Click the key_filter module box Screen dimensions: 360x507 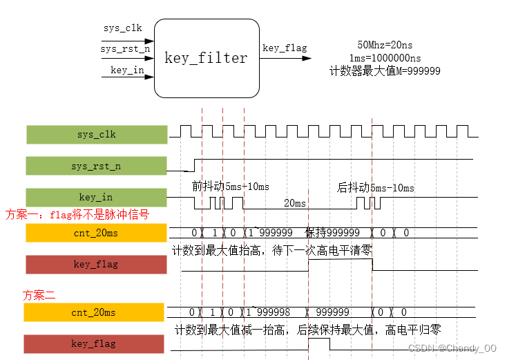tap(206, 58)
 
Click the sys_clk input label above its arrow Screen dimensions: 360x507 tap(123, 28)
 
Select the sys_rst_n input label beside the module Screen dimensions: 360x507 tap(125, 49)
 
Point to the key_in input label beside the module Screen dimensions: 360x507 tap(127, 70)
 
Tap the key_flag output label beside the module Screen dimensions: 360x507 tap(285, 48)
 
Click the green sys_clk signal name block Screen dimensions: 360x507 tap(97, 135)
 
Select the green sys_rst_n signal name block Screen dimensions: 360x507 tap(97, 167)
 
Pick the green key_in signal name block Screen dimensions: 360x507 tap(97, 198)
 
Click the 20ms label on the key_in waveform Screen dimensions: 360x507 tap(295, 203)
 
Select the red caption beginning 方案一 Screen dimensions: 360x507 tap(77, 215)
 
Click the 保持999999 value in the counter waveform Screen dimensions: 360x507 tap(333, 233)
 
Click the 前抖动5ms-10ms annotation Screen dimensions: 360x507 tap(231, 187)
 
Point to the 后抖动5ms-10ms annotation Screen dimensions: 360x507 tap(375, 188)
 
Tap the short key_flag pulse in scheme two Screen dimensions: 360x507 tap(318, 343)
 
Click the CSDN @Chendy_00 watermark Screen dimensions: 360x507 tap(452, 348)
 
